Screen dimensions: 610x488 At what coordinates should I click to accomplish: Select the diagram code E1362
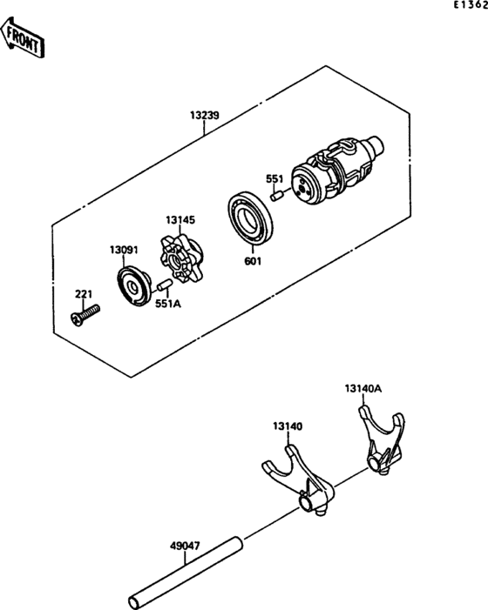[469, 6]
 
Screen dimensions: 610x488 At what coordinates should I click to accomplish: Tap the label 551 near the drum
[274, 179]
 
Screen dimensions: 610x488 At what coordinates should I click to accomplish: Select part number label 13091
[124, 250]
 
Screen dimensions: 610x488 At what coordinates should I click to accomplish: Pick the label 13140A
[363, 388]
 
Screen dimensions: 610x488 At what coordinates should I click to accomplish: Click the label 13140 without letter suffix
[287, 426]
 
